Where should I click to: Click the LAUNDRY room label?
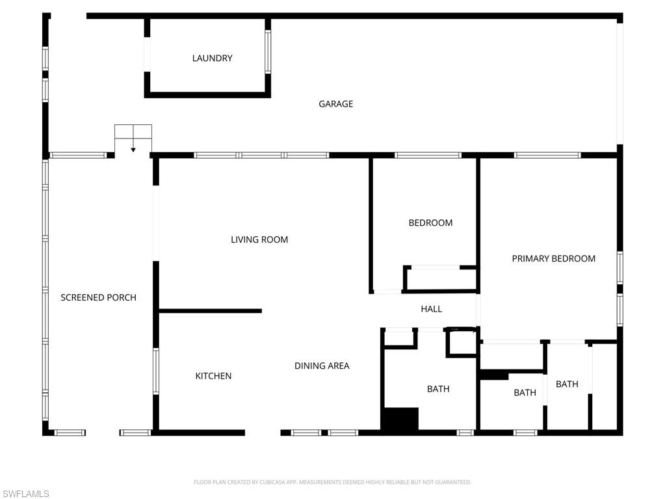[x=212, y=59]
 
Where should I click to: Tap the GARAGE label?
[x=335, y=104]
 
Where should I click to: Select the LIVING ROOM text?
[x=259, y=239]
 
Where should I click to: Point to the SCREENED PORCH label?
[x=98, y=297]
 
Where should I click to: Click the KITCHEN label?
[x=213, y=376]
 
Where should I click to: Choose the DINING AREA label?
[x=322, y=366]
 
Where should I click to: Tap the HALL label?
[x=431, y=309]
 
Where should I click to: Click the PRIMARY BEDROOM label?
[x=553, y=258]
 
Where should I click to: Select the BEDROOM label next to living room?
[x=430, y=223]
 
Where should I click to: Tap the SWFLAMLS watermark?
[x=25, y=494]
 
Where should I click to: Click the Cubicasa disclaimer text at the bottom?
[x=332, y=482]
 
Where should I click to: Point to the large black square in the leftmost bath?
[x=399, y=418]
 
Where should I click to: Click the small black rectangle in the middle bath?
[x=494, y=375]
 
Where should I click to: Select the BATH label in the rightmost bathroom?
[x=567, y=384]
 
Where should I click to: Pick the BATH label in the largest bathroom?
[x=438, y=389]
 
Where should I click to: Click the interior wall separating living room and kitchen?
[x=210, y=311]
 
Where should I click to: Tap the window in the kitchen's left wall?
[x=156, y=371]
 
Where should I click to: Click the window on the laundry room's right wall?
[x=267, y=51]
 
